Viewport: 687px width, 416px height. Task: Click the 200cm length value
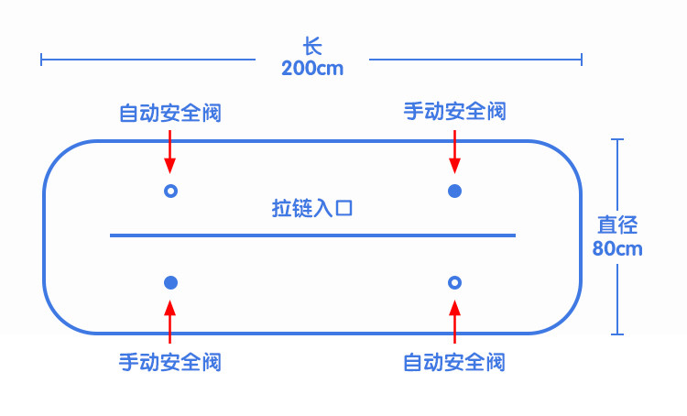(x=312, y=68)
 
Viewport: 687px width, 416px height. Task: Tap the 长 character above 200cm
(x=312, y=45)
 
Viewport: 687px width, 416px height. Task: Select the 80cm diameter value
(x=617, y=247)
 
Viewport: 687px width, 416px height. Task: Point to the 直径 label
(x=617, y=224)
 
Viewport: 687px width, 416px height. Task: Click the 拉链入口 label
(x=312, y=208)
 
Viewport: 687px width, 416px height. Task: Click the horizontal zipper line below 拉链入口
(x=312, y=235)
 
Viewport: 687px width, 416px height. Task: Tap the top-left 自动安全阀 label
(x=170, y=114)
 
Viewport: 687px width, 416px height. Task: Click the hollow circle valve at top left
(x=170, y=191)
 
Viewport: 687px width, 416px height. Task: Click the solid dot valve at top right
(x=454, y=191)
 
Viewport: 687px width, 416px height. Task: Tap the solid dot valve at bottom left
(x=170, y=282)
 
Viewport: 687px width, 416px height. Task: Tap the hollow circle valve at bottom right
(x=454, y=282)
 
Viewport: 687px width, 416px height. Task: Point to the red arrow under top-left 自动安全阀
(x=170, y=150)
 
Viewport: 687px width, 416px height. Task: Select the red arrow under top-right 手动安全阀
(x=454, y=150)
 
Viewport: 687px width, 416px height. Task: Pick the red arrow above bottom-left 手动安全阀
(x=170, y=322)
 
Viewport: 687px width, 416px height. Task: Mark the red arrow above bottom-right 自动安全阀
(x=454, y=322)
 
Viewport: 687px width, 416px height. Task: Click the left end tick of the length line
(x=42, y=60)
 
